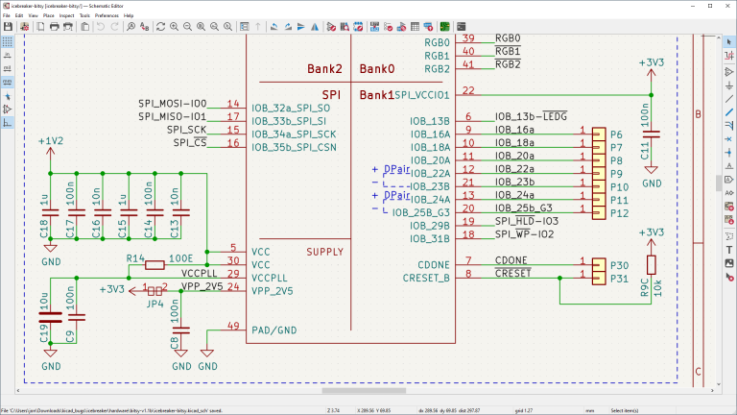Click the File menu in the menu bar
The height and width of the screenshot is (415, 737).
[7, 16]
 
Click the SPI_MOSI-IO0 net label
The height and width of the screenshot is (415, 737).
[172, 104]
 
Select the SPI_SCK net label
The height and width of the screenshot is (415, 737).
[186, 130]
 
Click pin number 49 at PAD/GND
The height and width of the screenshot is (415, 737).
[232, 327]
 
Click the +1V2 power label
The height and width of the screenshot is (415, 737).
[51, 141]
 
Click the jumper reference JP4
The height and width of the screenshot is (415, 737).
[152, 303]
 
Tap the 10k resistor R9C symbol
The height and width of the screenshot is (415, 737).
[652, 266]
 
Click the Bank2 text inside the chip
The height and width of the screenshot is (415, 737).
[324, 69]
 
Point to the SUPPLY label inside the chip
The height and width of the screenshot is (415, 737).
[324, 253]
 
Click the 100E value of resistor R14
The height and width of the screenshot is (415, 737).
[180, 259]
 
